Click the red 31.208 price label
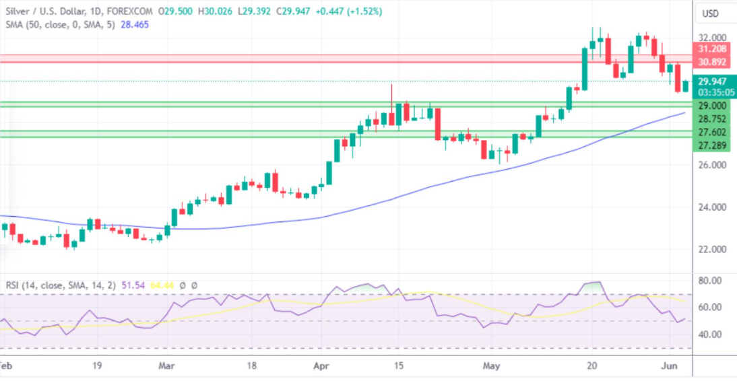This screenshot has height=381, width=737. pos(712,49)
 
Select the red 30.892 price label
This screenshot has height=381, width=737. pos(712,62)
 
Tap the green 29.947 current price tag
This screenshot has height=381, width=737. pos(712,81)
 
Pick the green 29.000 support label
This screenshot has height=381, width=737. pos(712,106)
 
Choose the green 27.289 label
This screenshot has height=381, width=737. pos(712,145)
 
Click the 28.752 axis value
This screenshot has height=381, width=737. pos(712,118)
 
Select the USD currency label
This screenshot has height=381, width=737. pos(711,13)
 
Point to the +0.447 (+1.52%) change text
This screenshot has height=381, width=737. pos(354,11)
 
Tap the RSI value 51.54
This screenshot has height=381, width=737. pos(129,285)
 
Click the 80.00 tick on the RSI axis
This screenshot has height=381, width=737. pos(711,280)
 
